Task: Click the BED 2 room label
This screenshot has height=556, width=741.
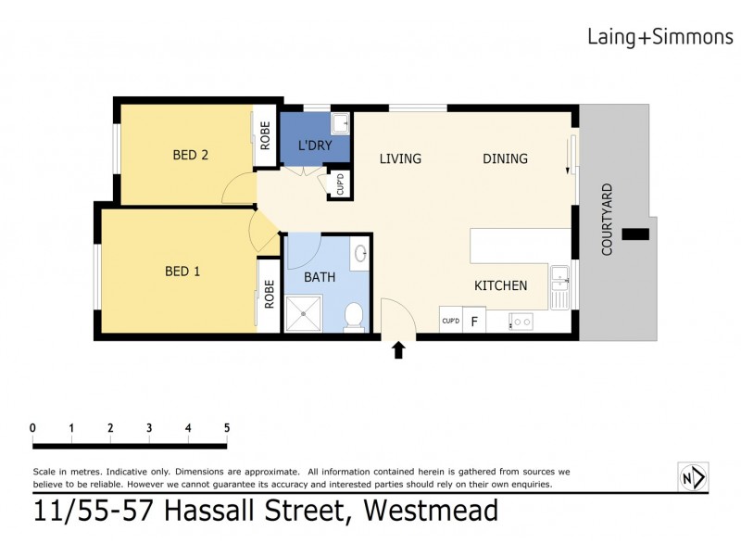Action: pyautogui.click(x=191, y=156)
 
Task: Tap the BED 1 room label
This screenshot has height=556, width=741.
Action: pyautogui.click(x=182, y=272)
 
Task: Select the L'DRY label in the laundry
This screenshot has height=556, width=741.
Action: pyautogui.click(x=315, y=146)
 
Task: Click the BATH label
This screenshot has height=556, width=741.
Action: pyautogui.click(x=320, y=277)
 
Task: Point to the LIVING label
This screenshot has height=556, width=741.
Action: pyautogui.click(x=400, y=158)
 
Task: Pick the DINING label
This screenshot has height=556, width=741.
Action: pyautogui.click(x=505, y=158)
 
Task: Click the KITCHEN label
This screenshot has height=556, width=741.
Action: pyautogui.click(x=501, y=285)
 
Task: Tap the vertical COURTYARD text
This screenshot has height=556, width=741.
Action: pyautogui.click(x=608, y=220)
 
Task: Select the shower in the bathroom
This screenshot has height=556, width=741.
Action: pyautogui.click(x=304, y=313)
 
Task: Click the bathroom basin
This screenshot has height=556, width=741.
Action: pyautogui.click(x=360, y=252)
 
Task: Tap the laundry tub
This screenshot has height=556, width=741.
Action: pyautogui.click(x=340, y=122)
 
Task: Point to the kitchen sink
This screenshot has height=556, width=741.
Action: pyautogui.click(x=559, y=285)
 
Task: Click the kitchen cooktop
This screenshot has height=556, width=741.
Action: pyautogui.click(x=521, y=322)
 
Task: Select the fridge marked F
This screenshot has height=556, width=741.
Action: pyautogui.click(x=475, y=322)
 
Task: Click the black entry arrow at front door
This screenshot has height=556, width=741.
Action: pyautogui.click(x=399, y=350)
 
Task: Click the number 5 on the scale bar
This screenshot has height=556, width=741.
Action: pyautogui.click(x=227, y=427)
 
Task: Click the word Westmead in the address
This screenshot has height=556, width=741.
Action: pyautogui.click(x=431, y=511)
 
